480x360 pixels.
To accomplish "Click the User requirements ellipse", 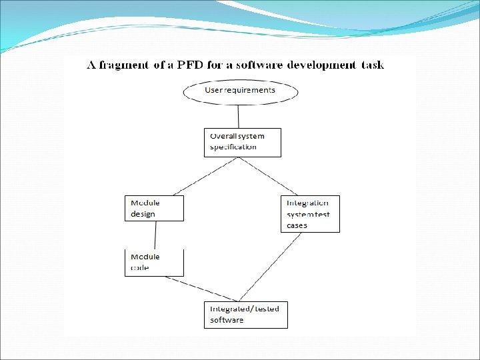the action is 241,92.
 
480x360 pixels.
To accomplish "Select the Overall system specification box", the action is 242,142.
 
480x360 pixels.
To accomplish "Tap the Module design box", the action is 153,208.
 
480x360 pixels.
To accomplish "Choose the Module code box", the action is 153,262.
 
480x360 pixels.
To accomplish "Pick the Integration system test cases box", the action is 310,213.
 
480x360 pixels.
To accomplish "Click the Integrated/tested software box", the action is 245,315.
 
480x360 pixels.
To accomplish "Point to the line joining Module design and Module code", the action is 155,235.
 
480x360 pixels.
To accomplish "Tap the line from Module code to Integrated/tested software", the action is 203,288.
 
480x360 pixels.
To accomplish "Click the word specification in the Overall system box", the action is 233,147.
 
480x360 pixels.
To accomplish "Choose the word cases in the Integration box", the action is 297,225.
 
